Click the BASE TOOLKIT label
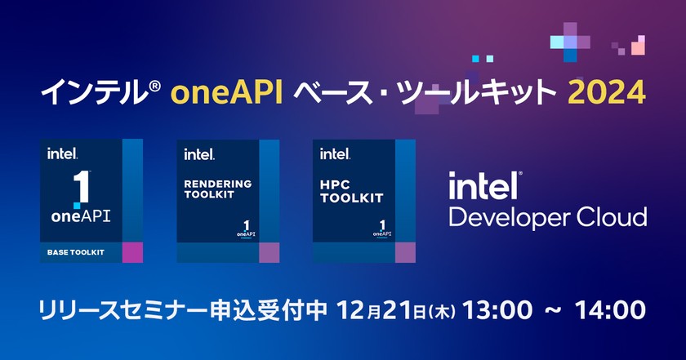pyautogui.click(x=72, y=253)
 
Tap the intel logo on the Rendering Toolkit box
pyautogui.click(x=199, y=153)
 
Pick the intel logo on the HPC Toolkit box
pyautogui.click(x=335, y=153)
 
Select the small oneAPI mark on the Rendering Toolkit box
pyautogui.click(x=244, y=229)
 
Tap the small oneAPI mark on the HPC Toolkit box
pyautogui.click(x=380, y=229)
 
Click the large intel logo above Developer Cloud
pyautogui.click(x=485, y=185)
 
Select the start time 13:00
pyautogui.click(x=498, y=311)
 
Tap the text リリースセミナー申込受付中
pyautogui.click(x=184, y=311)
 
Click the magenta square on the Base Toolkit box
pyautogui.click(x=131, y=253)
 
